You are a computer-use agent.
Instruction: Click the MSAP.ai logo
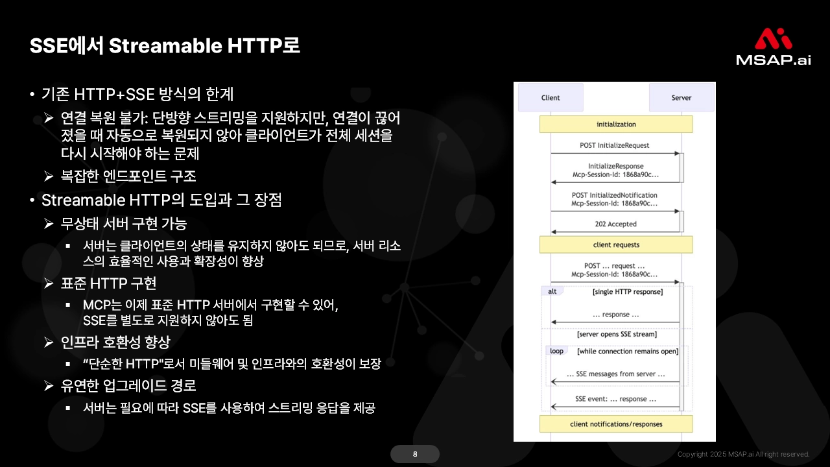[x=773, y=47]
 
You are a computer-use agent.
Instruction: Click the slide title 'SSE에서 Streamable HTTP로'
[x=165, y=46]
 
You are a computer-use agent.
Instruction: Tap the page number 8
[x=415, y=454]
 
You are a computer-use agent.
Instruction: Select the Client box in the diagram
[x=551, y=98]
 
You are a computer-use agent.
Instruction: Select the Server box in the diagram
[x=681, y=98]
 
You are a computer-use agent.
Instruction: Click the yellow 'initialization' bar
[x=616, y=124]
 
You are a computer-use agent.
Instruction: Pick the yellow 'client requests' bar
[x=616, y=245]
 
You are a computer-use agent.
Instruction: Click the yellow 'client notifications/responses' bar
[x=616, y=424]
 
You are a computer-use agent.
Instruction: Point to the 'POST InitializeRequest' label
[x=615, y=145]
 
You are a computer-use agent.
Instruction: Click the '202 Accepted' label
[x=616, y=224]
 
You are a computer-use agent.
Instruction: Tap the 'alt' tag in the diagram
[x=552, y=292]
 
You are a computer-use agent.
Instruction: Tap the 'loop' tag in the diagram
[x=556, y=351]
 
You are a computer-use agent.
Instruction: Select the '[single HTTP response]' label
[x=628, y=292]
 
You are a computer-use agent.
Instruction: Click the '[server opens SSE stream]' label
[x=617, y=335]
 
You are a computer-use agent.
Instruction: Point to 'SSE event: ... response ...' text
[x=615, y=399]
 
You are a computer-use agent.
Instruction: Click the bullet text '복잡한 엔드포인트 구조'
[x=128, y=176]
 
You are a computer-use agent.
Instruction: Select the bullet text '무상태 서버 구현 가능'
[x=124, y=224]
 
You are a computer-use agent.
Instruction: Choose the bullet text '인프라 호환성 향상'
[x=115, y=342]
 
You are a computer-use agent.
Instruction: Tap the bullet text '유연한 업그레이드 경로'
[x=128, y=385]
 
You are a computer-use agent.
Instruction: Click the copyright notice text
[x=743, y=454]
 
